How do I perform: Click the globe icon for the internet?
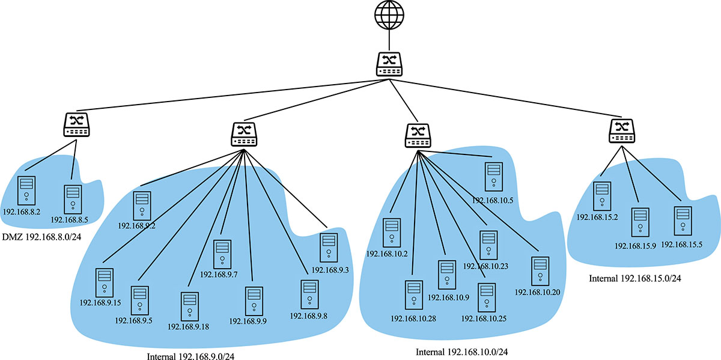tap(389, 15)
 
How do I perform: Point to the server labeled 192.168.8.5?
tap(73, 199)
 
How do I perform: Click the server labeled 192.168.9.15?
tap(105, 283)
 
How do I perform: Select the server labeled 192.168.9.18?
tap(189, 307)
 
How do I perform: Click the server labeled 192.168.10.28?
tap(412, 296)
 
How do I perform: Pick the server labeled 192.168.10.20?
tap(539, 271)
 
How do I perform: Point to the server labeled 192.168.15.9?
tap(640, 222)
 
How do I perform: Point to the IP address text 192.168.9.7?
tap(219, 275)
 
